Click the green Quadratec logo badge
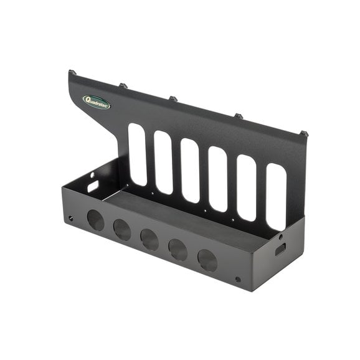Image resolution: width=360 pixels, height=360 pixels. point(97,102)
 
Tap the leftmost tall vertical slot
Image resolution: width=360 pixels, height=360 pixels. point(137,154)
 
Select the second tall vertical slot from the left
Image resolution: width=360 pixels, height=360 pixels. point(163,163)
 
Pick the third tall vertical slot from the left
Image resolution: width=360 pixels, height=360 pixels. point(191,171)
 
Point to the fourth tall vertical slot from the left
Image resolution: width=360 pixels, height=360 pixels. point(218,179)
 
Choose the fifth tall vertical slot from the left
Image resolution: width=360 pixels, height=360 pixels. point(247,188)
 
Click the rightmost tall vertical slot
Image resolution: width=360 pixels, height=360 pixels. point(277,197)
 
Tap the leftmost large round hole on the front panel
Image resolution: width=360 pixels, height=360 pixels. point(96,220)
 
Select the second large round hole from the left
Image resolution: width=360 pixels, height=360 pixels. point(122,230)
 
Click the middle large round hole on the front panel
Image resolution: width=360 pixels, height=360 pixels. point(149,239)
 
